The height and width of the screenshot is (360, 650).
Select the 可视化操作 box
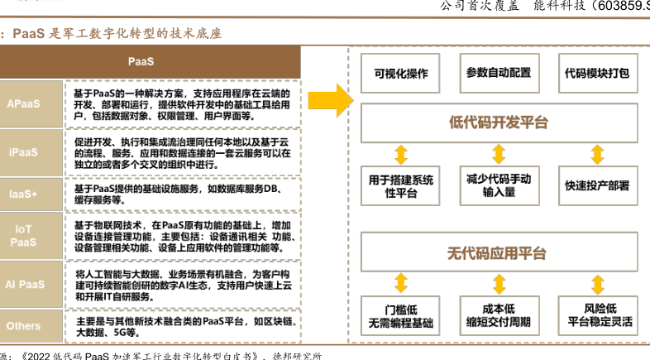point(402,73)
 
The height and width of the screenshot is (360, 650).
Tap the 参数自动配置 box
point(499,73)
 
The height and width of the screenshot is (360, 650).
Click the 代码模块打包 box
point(595,73)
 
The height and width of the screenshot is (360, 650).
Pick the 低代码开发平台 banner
point(498,122)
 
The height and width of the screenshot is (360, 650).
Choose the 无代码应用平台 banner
point(498,253)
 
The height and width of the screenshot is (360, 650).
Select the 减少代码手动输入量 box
point(499,185)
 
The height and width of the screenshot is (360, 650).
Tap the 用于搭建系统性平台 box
point(401,185)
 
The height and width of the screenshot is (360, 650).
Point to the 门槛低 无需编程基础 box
point(401,315)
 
